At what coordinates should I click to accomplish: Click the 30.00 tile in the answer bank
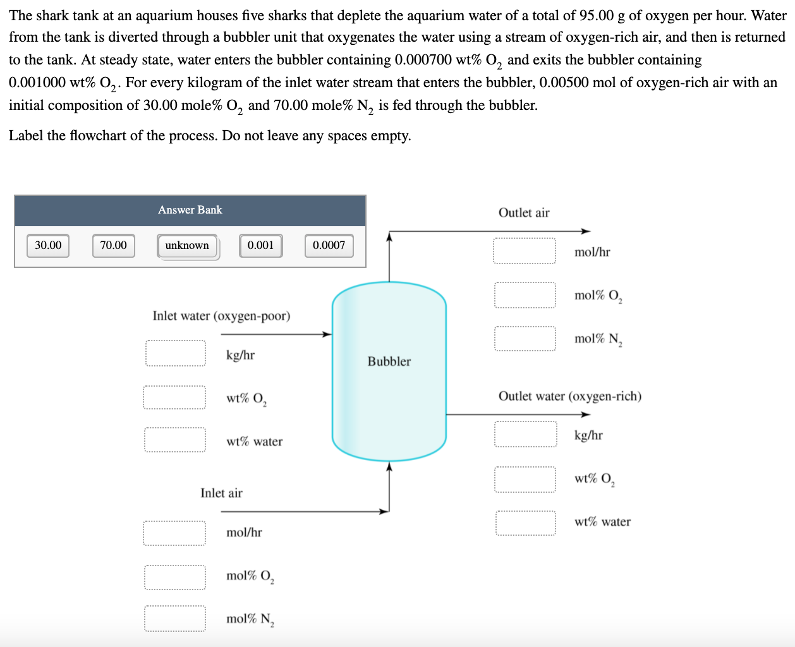48,245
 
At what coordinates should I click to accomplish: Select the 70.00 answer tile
113,245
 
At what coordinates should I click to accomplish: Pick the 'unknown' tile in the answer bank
187,246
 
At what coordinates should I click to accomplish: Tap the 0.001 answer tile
260,245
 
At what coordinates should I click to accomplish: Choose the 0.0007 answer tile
329,245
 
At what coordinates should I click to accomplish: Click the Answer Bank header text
190,210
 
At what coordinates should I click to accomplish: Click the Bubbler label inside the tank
389,361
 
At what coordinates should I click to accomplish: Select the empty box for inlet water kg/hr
175,353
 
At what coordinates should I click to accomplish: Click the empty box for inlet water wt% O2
174,397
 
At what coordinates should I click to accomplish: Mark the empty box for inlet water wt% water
174,440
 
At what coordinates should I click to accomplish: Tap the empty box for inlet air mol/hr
174,533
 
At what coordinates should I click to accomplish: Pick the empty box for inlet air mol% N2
174,619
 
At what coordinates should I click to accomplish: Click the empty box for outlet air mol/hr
525,251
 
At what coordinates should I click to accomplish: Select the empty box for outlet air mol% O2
525,294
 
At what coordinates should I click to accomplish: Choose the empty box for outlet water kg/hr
525,434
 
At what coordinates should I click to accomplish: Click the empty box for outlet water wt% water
525,523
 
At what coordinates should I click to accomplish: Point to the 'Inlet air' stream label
221,493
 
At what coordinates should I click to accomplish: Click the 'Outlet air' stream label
524,212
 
